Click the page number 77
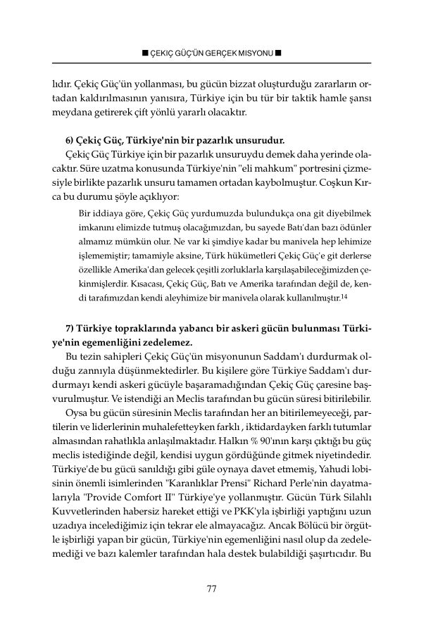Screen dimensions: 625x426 211,589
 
